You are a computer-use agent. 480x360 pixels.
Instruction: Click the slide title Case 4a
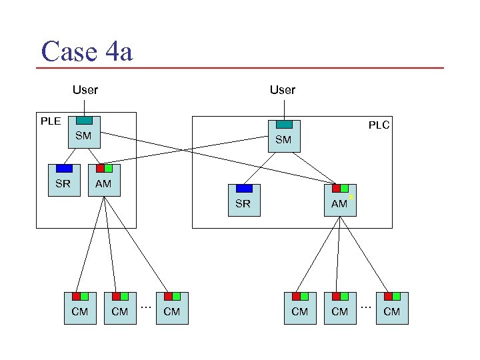point(87,51)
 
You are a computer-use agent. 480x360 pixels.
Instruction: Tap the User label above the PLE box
point(85,89)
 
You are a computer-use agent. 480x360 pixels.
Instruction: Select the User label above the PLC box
point(283,89)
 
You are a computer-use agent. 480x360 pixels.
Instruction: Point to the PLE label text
point(51,121)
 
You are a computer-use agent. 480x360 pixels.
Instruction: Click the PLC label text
point(379,125)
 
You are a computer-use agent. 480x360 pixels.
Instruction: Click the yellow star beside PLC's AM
point(351,198)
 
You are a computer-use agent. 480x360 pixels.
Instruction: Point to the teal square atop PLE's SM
point(84,121)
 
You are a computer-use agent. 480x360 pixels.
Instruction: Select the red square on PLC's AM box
point(336,189)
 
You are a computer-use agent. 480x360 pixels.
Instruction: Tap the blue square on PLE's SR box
point(64,169)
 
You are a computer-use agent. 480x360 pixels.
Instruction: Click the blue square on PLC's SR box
point(244,189)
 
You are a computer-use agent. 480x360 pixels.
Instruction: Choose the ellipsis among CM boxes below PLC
point(365,307)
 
